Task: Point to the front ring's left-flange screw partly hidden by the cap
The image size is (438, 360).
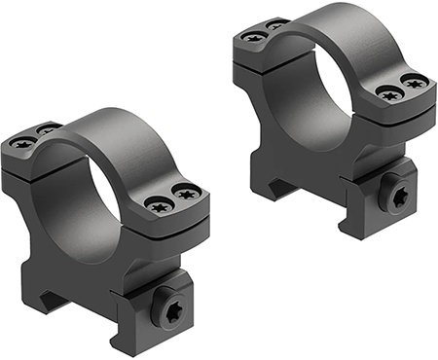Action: click(45, 128)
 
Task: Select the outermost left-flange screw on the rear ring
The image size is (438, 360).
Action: click(255, 37)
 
